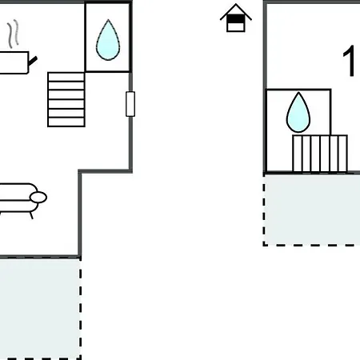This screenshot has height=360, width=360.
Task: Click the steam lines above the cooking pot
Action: pos(14,34)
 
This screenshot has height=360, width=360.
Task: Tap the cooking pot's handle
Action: pos(33,62)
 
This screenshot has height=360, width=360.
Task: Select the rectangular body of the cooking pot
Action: pos(14,62)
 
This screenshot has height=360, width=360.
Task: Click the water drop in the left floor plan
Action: pos(108,40)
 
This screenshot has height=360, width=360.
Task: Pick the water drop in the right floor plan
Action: pos(298,112)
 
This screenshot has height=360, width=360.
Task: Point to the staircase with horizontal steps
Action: pos(66,99)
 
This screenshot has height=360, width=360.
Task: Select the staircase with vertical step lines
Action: pos(320,154)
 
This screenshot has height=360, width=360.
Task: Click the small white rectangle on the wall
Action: pos(130,104)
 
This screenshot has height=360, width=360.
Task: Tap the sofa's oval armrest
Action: pos(38,198)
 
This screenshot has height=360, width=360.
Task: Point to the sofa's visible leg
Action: pos(31,215)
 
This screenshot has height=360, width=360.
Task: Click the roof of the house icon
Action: pos(236,12)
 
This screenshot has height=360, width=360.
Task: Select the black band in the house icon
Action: pos(236,18)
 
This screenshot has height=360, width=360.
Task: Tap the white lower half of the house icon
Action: pos(236,26)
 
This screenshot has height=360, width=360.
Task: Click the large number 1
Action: pos(349,61)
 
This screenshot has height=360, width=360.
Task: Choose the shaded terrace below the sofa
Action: pos(40,309)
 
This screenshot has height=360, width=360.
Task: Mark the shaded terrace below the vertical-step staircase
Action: pos(312,210)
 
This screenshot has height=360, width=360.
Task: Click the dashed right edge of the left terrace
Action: pos(80,309)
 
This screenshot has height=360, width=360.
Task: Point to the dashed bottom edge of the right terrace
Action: pos(311,244)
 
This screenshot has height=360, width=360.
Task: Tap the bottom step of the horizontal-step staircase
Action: pos(66,122)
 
